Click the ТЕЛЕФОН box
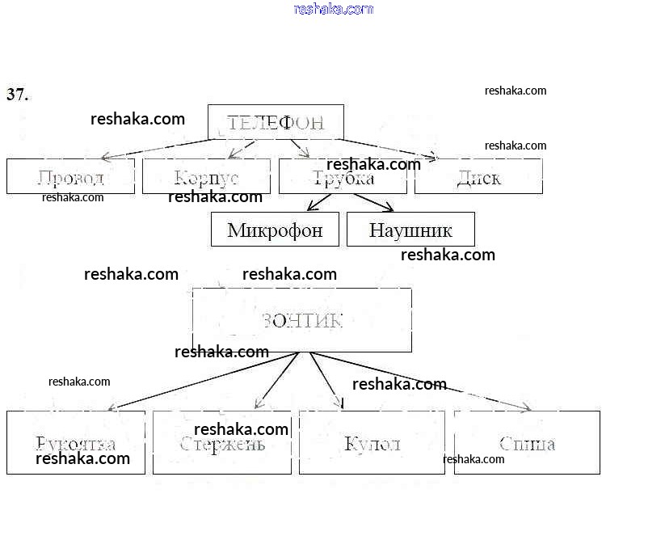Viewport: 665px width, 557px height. (x=276, y=123)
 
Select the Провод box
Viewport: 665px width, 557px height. (x=70, y=176)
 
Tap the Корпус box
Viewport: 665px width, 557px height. (x=206, y=176)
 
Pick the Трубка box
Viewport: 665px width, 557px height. (x=343, y=176)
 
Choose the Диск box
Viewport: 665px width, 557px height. (x=478, y=176)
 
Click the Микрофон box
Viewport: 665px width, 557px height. (x=275, y=230)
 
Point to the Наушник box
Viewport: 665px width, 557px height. (x=410, y=230)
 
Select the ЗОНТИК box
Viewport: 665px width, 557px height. (x=302, y=320)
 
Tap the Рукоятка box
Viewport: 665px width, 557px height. (x=76, y=442)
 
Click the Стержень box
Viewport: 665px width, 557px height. (x=222, y=442)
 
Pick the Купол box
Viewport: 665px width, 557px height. (x=372, y=442)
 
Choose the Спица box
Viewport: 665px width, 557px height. (x=527, y=442)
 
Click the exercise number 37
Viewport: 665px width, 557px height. (x=18, y=95)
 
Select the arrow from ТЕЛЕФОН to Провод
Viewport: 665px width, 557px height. (x=158, y=148)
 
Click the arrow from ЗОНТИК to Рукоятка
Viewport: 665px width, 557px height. (x=202, y=382)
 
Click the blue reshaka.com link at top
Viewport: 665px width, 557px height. (x=334, y=9)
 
